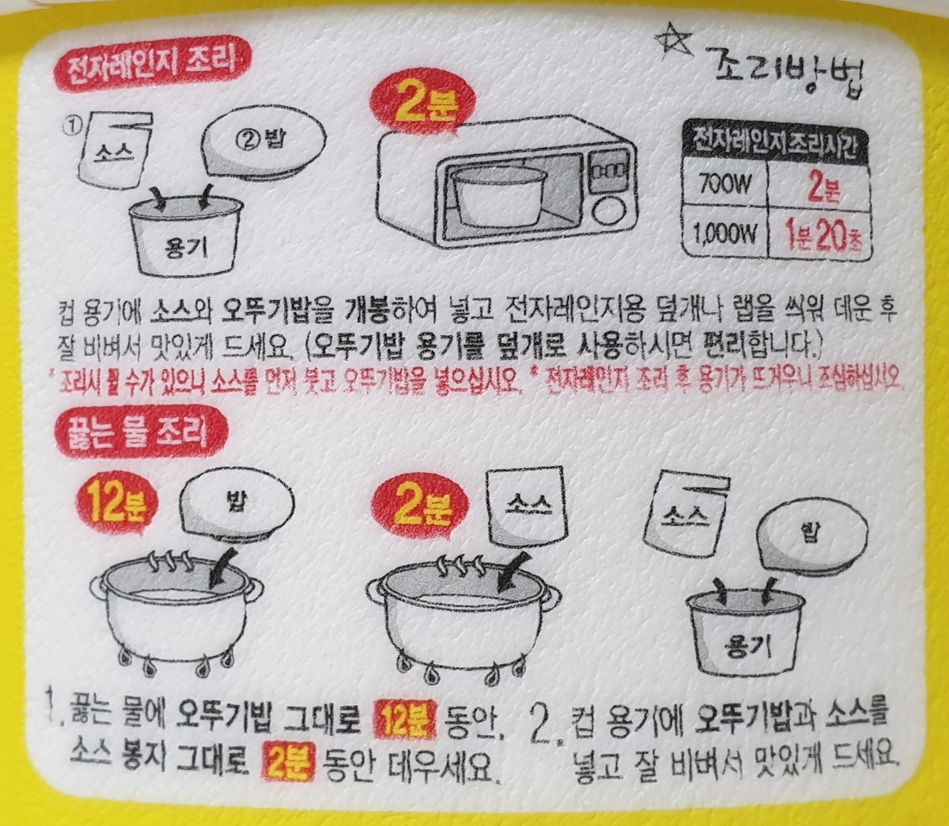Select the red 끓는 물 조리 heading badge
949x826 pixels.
(141, 436)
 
